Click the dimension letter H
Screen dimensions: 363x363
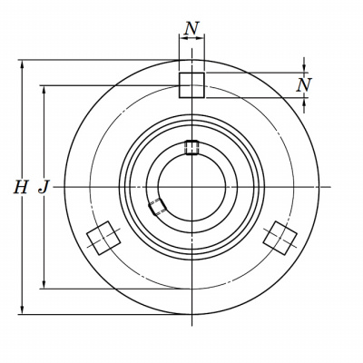[21, 187]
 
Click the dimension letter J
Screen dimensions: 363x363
[44, 187]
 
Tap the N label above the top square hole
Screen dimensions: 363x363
[191, 29]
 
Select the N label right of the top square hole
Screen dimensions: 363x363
[304, 85]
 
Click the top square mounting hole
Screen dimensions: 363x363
[191, 85]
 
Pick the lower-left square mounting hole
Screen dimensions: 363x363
[103, 238]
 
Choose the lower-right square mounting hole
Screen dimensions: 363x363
[280, 238]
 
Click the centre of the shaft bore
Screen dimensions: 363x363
[191, 187]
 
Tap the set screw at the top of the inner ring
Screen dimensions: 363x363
[191, 147]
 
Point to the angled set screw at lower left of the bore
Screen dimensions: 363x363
[157, 207]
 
